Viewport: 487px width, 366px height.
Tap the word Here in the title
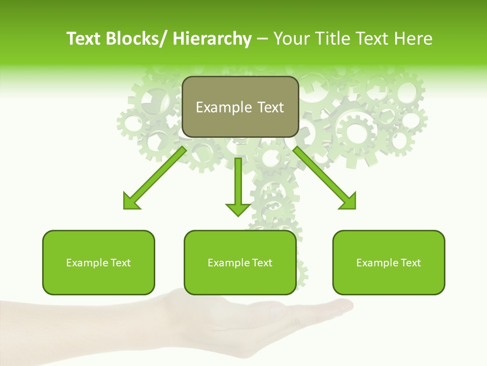[x=412, y=39]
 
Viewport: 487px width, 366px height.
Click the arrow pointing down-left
[x=155, y=178]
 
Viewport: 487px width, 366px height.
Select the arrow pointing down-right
[x=325, y=178]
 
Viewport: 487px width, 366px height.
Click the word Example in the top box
[x=217, y=107]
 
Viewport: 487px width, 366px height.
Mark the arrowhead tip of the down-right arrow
[x=355, y=208]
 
